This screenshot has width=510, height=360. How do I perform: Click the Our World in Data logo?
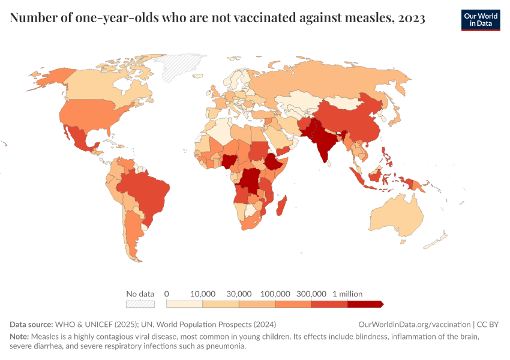point(480,20)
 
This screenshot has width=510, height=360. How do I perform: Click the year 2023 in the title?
point(410,19)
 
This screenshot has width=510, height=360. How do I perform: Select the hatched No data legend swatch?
point(140,304)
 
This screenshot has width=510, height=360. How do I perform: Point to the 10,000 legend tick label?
point(203,294)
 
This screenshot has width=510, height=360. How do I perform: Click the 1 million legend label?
point(347,294)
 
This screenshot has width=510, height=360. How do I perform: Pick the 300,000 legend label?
point(311,294)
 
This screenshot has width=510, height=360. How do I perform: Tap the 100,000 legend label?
point(275,294)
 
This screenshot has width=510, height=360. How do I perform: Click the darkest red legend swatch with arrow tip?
point(365,304)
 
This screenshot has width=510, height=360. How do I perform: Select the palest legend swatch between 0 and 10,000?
point(184,304)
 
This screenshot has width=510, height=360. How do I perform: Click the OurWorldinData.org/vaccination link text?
point(415,324)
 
